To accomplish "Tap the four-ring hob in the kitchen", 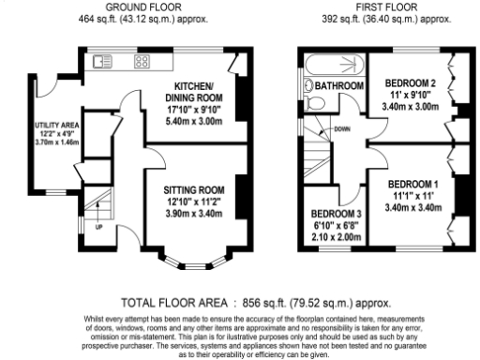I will pos(142,62).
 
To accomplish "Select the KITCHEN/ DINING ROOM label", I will pos(195,93).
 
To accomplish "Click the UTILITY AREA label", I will pos(54,126).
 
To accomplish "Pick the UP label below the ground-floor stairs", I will pos(98,227).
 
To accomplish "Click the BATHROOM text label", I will pos(339,86).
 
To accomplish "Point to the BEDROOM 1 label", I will pos(413,182).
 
